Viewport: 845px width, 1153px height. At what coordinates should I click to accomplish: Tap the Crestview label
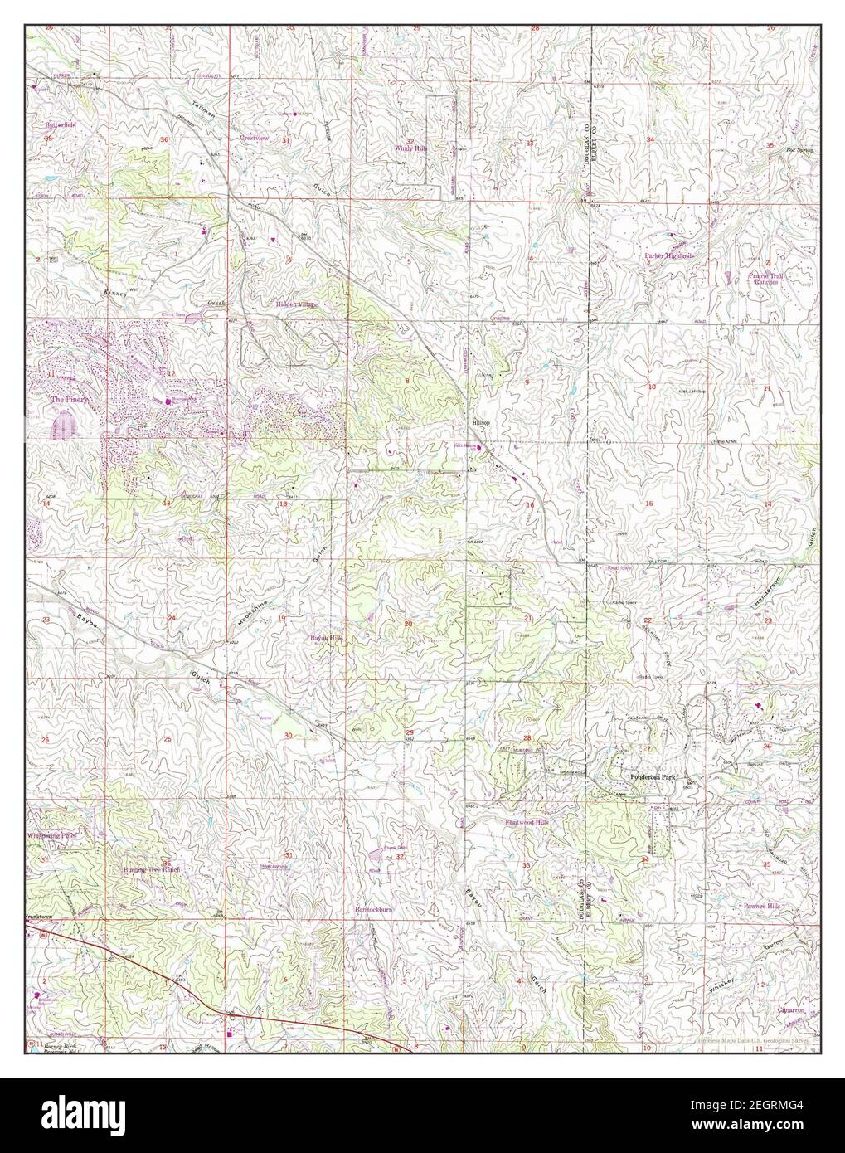[x=255, y=137]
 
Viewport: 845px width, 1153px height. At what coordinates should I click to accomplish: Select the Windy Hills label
[x=408, y=148]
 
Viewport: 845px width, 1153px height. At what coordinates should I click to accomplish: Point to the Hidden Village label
[x=296, y=304]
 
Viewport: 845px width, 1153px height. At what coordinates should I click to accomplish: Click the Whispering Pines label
[x=52, y=836]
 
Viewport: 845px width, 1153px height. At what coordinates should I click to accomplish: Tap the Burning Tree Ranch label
[x=152, y=870]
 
